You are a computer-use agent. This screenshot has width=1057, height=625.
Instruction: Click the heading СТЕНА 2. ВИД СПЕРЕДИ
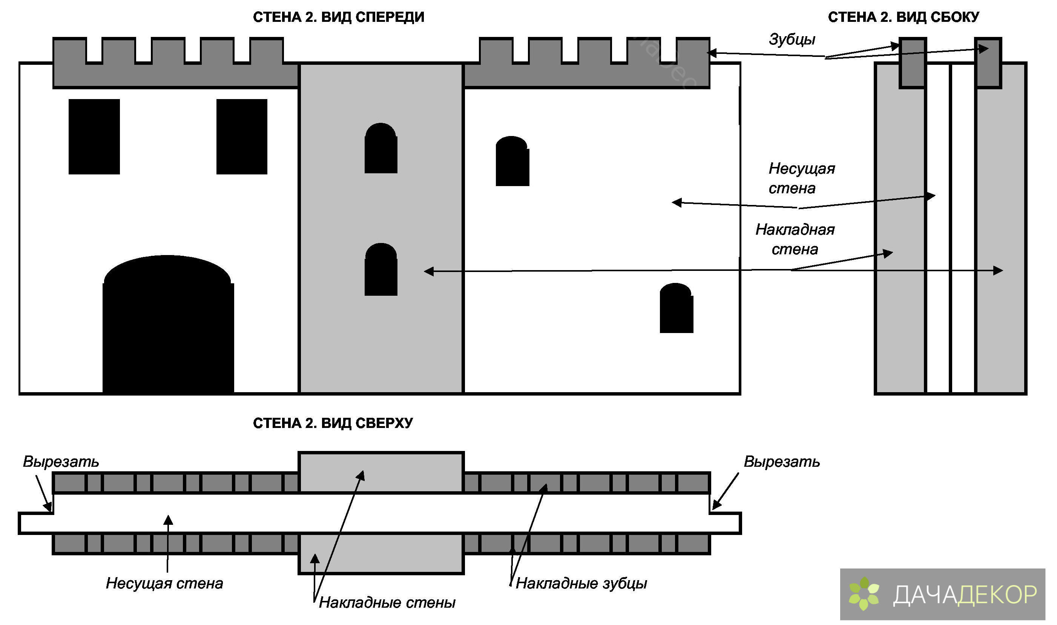[x=338, y=17]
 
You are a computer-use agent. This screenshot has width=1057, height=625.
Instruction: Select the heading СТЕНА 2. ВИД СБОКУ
[x=903, y=17]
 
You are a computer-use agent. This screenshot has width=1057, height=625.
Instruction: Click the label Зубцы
[x=792, y=39]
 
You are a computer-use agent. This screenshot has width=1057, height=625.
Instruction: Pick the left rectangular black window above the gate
[x=94, y=136]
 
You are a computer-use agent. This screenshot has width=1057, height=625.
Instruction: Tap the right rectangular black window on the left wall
[x=241, y=136]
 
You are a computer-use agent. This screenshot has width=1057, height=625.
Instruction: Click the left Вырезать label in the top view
[x=61, y=461]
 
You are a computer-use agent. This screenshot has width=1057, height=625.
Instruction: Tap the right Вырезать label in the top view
[x=781, y=461]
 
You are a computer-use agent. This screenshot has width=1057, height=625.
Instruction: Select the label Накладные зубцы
[x=581, y=583]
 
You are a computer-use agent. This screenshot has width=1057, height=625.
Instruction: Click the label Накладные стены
[x=387, y=603]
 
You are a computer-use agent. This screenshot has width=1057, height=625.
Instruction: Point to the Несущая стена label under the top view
[x=164, y=583]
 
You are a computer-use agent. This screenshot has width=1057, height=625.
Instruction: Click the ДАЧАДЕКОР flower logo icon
[x=864, y=594]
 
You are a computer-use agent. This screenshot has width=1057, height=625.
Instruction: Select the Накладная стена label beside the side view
[x=795, y=239]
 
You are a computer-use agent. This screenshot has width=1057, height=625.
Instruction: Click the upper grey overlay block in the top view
[x=380, y=472]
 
